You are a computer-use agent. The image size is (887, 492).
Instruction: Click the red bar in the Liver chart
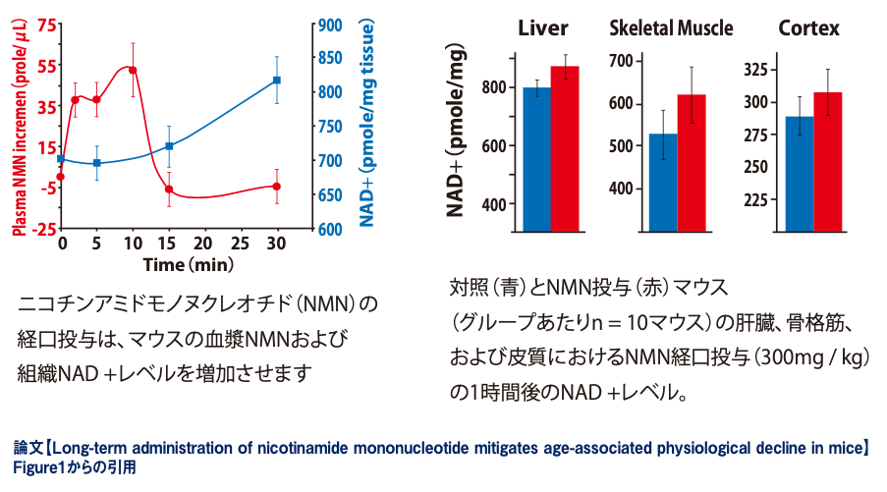click(x=565, y=148)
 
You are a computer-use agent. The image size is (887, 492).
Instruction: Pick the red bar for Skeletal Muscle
click(x=692, y=163)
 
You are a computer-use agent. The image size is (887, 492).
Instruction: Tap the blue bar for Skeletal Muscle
click(x=663, y=183)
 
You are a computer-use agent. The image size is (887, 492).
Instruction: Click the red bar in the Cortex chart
click(x=827, y=162)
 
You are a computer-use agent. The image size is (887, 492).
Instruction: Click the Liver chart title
click(x=543, y=28)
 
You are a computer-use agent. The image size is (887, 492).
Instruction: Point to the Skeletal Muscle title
click(x=671, y=28)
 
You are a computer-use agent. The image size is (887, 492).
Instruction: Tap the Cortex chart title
click(x=808, y=28)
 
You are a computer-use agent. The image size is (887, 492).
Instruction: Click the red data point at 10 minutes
click(x=133, y=70)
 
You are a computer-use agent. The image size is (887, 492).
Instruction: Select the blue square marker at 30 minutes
click(x=277, y=81)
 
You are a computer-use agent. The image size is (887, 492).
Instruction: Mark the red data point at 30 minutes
click(x=277, y=187)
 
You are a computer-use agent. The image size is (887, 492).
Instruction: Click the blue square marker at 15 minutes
click(x=169, y=146)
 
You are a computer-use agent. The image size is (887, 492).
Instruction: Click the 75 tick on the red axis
click(x=45, y=24)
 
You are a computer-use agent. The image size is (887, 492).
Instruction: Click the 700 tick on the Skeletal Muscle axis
click(x=624, y=62)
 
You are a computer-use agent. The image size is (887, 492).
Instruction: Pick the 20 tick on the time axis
click(x=204, y=242)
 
